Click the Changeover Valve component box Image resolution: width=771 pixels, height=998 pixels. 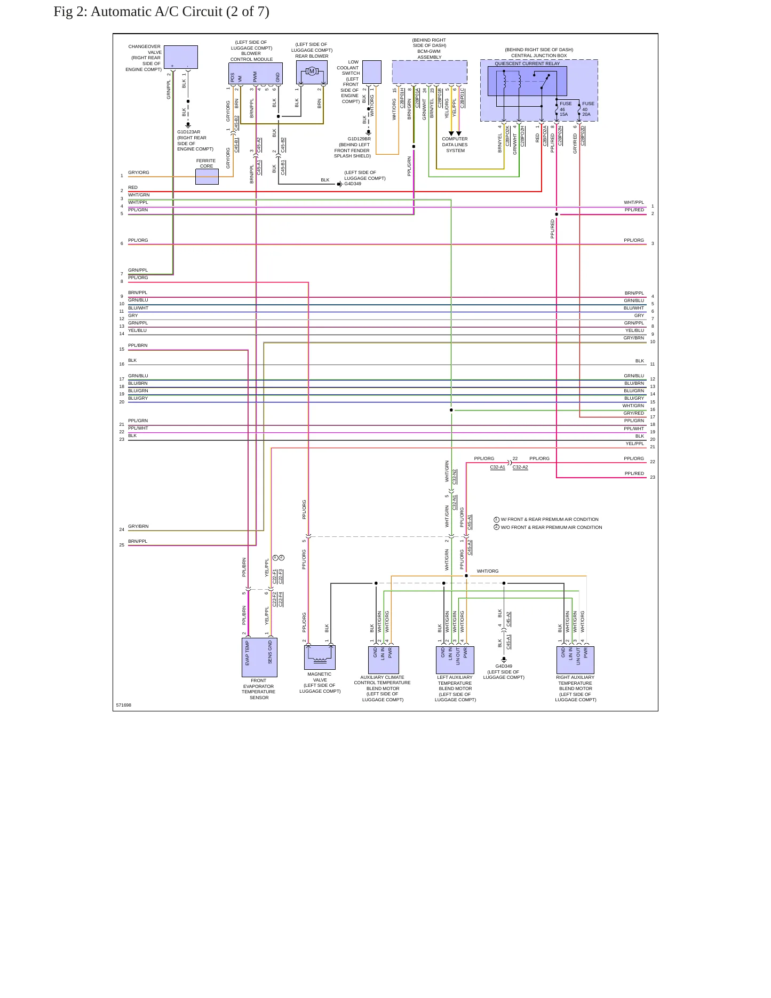tap(181, 57)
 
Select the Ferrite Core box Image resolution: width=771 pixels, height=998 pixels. tap(207, 177)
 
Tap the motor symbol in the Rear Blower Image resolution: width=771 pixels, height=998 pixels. tap(312, 72)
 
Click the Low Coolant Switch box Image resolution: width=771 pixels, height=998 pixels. tap(372, 72)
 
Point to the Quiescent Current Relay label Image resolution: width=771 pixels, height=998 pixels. tap(527, 64)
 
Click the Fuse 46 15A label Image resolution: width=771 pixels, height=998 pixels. tap(565, 109)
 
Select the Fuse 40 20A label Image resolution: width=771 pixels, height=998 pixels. tap(587, 109)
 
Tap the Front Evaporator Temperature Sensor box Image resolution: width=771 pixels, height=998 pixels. tap(259, 658)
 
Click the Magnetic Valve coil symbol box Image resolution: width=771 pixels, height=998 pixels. tap(320, 658)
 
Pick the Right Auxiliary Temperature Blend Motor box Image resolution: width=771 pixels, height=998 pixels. tap(575, 660)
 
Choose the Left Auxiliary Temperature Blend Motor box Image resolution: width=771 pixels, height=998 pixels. tap(455, 660)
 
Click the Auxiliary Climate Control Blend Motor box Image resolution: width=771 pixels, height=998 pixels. tap(384, 660)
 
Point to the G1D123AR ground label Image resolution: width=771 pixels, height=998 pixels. tap(189, 132)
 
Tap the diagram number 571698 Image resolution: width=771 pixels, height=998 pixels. tap(124, 705)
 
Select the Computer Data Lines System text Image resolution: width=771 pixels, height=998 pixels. tap(455, 145)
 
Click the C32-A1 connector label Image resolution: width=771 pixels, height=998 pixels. tap(498, 468)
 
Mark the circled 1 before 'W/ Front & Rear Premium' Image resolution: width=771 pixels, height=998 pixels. tap(497, 519)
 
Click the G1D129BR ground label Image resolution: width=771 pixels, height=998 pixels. tap(359, 139)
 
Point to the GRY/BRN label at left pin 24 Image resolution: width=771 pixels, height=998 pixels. tap(138, 526)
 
